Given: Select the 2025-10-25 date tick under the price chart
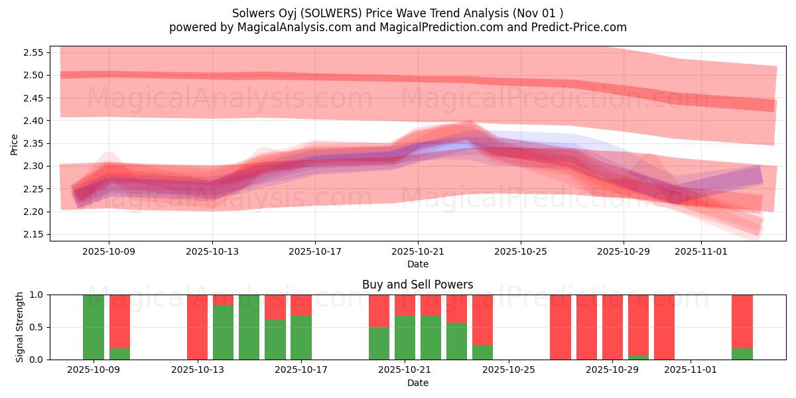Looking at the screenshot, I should point(520,252).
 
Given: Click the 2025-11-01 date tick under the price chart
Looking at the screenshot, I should point(701,252).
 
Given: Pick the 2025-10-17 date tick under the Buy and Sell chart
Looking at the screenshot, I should point(301,370).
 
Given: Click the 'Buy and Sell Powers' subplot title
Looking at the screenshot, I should point(417,285).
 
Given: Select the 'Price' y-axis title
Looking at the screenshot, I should point(15,144).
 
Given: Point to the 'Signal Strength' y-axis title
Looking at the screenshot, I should point(20,327).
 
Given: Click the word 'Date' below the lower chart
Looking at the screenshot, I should point(417,383).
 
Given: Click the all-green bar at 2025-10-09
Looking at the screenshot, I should point(94,327).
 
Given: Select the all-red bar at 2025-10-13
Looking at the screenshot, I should point(197,327).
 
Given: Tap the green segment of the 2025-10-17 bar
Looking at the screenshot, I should point(301,338).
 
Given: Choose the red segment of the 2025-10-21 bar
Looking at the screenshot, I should point(405,305).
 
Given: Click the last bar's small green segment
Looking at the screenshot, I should point(742,354).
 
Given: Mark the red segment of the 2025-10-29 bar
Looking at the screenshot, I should point(638,325).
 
